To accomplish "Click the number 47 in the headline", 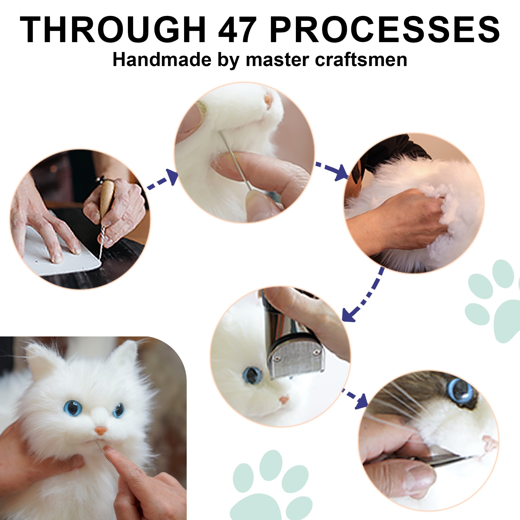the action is [x=236, y=30].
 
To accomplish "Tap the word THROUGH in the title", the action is [x=113, y=30].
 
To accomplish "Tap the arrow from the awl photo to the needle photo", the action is [x=162, y=179].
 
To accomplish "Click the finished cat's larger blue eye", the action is [x=73, y=408].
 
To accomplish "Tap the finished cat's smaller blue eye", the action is [x=118, y=410].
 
